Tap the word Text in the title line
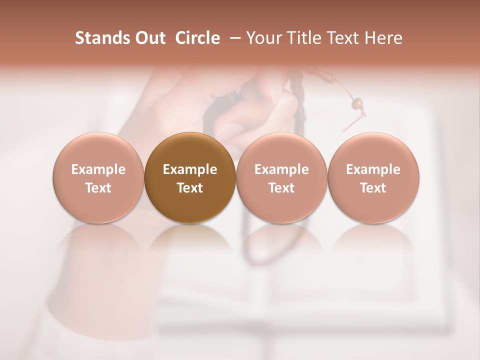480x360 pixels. tap(342, 38)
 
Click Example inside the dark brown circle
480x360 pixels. tap(190, 169)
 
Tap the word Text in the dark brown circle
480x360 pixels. tap(190, 188)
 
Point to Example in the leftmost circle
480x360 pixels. tap(98, 169)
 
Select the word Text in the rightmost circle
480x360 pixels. tap(373, 188)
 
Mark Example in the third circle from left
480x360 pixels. tap(281, 169)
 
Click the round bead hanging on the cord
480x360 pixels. tap(357, 103)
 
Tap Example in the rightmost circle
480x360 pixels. tap(373, 169)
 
